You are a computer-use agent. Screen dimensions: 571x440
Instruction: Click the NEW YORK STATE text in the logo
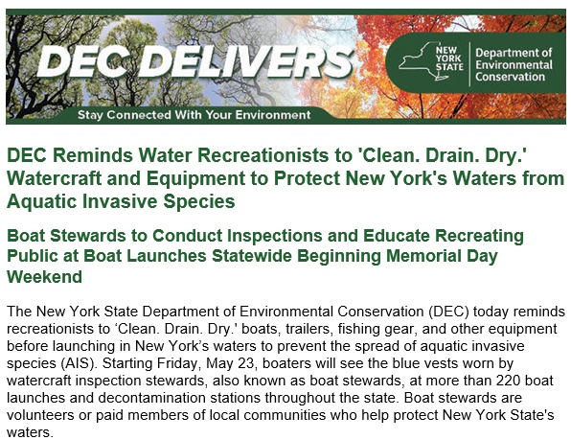point(449,58)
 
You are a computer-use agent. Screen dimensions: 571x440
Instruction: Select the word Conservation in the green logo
point(511,77)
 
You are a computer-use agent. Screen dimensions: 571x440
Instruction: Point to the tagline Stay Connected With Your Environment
point(194,115)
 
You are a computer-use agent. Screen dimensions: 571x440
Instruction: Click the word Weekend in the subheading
point(44,277)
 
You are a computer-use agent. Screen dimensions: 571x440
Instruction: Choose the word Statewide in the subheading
point(252,256)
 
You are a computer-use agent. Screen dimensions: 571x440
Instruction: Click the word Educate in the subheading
point(397,236)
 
